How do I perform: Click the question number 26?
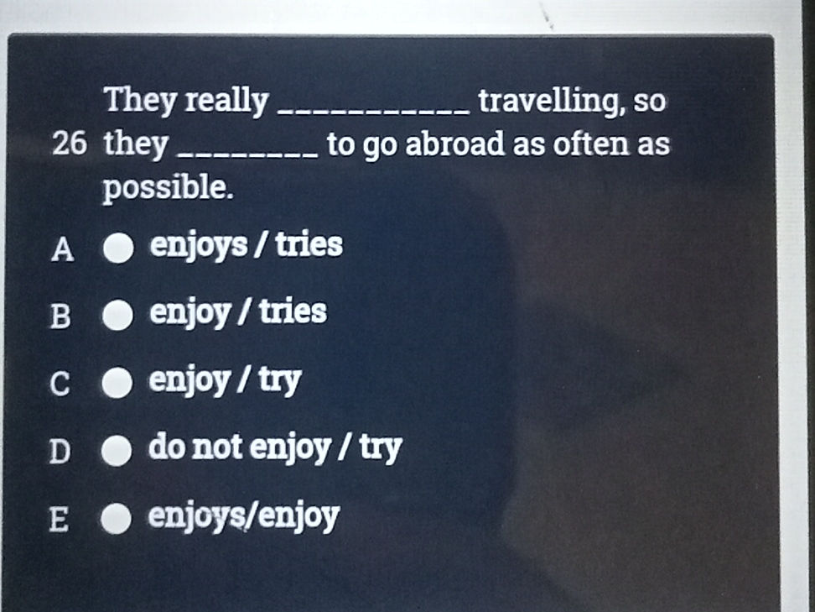point(68,145)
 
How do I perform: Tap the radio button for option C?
point(118,384)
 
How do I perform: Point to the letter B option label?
point(60,317)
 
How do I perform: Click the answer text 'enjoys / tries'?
point(246,246)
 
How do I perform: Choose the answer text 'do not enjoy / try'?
point(275,448)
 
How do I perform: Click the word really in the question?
point(226,102)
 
